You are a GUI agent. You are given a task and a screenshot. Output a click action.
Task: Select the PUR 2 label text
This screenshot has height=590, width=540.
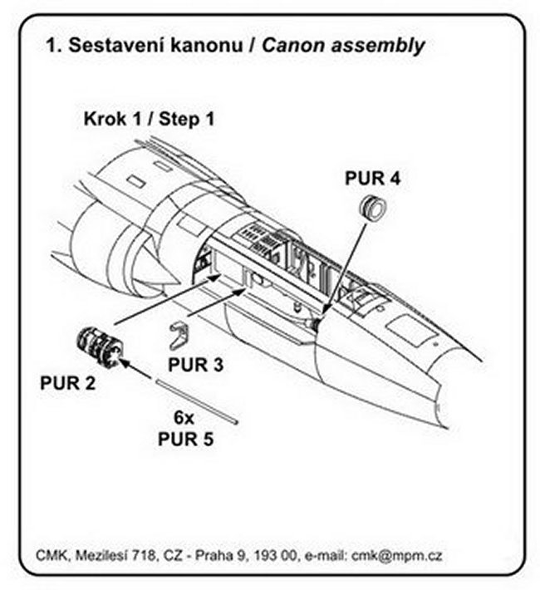[67, 383]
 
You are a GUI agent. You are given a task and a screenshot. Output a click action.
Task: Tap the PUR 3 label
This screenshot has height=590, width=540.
[196, 363]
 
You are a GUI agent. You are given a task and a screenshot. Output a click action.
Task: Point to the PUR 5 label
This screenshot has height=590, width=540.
[185, 439]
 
